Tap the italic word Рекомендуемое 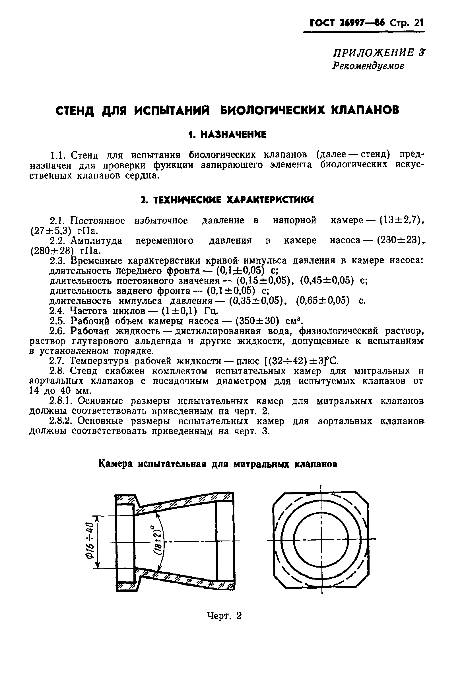pos(368,66)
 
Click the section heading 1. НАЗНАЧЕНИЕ pos(227,135)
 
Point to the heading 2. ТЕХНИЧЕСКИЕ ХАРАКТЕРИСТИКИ pos(227,200)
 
